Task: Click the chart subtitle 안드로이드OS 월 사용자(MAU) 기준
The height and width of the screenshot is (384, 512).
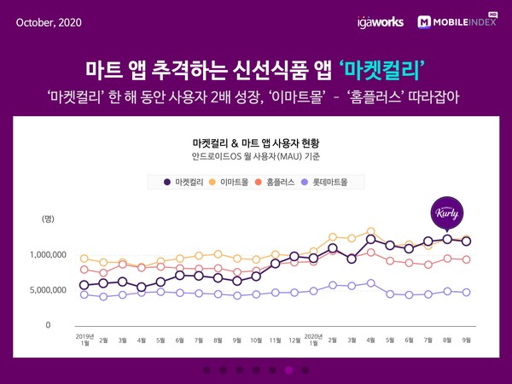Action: click(x=255, y=157)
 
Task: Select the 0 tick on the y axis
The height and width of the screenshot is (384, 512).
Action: click(x=49, y=325)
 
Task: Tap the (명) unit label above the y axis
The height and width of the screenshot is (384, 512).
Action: click(x=49, y=219)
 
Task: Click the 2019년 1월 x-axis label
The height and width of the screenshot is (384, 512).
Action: click(x=84, y=340)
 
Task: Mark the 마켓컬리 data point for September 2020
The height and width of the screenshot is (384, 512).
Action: click(x=466, y=241)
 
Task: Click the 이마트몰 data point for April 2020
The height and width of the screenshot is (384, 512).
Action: click(x=370, y=231)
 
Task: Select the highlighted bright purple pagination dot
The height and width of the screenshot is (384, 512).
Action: click(x=289, y=370)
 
